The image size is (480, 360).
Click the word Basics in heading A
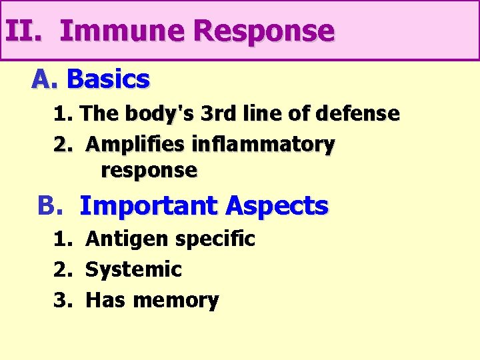(x=109, y=80)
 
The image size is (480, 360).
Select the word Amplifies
(x=135, y=144)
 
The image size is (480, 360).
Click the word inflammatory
(x=263, y=144)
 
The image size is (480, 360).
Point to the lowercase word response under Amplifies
(x=149, y=171)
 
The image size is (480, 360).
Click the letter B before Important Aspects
(x=49, y=206)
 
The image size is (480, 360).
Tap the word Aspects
(x=277, y=206)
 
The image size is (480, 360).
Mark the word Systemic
(x=133, y=269)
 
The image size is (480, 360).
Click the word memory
(x=175, y=301)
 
